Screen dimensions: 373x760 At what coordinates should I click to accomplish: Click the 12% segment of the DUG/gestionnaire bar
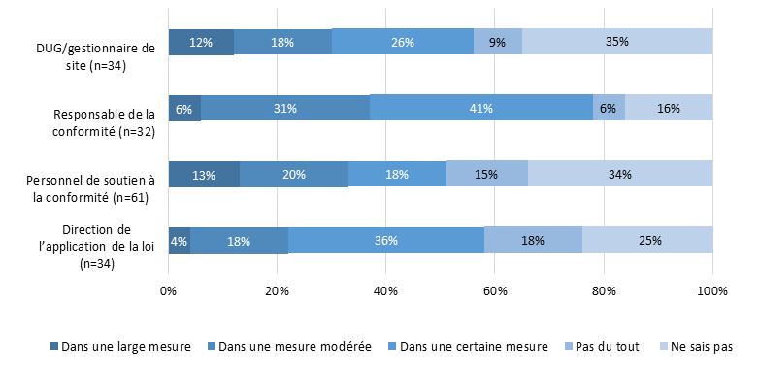201,42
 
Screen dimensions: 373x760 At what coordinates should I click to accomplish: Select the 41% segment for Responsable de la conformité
481,108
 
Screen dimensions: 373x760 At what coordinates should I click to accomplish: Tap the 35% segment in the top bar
617,42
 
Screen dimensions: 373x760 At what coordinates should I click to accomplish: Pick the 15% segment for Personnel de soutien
486,174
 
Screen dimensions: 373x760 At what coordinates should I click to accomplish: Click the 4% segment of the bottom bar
179,240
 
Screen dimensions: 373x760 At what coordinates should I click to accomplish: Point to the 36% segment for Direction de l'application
385,240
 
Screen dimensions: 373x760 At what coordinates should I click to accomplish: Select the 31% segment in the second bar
284,108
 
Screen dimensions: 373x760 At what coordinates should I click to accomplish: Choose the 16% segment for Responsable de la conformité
669,108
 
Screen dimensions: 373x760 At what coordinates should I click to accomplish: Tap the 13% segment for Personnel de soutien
204,174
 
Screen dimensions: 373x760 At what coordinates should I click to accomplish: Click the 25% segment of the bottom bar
647,240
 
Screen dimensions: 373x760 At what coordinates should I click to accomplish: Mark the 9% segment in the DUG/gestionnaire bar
497,42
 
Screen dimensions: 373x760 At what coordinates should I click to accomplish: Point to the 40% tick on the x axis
386,290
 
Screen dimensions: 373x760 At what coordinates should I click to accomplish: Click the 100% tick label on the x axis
712,290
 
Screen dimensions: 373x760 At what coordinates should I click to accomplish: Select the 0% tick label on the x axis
169,290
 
